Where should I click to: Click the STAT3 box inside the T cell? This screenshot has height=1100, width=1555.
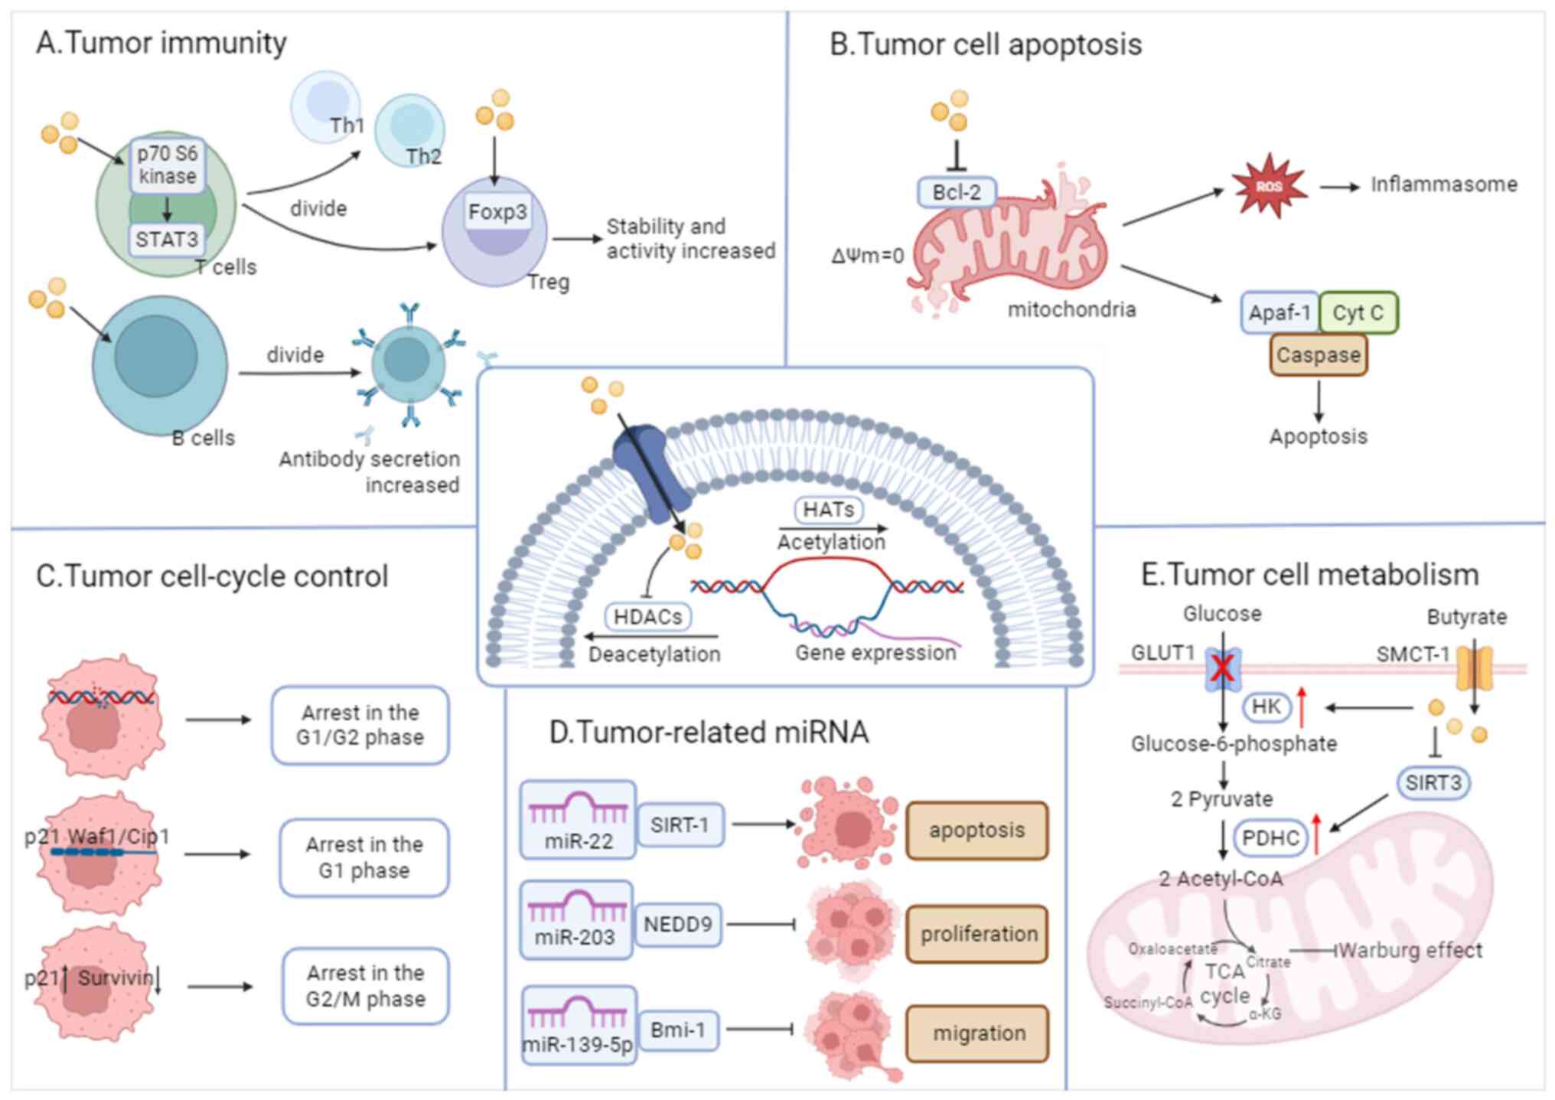pyautogui.click(x=167, y=240)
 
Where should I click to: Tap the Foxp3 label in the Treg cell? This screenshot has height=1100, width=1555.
pyautogui.click(x=497, y=211)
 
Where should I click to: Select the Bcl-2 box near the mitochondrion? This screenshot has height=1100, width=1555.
pyautogui.click(x=957, y=191)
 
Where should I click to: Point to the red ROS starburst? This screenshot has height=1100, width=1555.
pyautogui.click(x=1268, y=186)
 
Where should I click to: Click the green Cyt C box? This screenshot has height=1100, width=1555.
pyautogui.click(x=1358, y=312)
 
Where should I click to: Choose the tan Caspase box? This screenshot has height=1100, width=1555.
pyautogui.click(x=1318, y=355)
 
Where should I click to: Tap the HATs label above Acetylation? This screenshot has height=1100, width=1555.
pyautogui.click(x=829, y=509)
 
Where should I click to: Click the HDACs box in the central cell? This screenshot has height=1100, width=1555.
pyautogui.click(x=647, y=616)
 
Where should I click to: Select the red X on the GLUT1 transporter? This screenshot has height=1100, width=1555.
pyautogui.click(x=1222, y=668)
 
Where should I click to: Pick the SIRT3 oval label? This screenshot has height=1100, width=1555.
pyautogui.click(x=1433, y=782)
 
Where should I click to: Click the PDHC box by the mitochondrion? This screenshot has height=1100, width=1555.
pyautogui.click(x=1270, y=837)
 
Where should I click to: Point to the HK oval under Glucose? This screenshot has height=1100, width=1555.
pyautogui.click(x=1266, y=706)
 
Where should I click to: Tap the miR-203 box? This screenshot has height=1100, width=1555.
pyautogui.click(x=576, y=919)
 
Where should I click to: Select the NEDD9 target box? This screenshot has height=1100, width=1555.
pyautogui.click(x=678, y=925)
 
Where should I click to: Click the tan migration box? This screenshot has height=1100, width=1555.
pyautogui.click(x=977, y=1033)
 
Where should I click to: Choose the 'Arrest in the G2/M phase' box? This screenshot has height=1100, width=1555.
pyautogui.click(x=365, y=986)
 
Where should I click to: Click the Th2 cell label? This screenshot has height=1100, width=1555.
pyautogui.click(x=423, y=156)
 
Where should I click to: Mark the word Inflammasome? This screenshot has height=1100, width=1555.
pyautogui.click(x=1443, y=184)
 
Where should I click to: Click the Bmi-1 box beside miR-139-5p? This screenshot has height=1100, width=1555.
pyautogui.click(x=678, y=1030)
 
